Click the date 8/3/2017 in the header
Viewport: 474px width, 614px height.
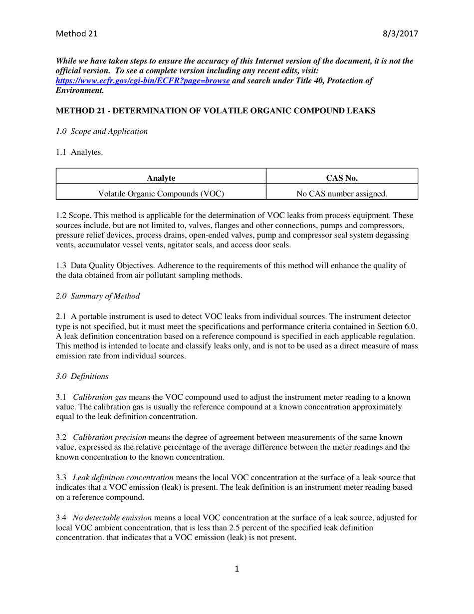[x=400, y=34]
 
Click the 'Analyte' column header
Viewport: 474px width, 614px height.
[x=161, y=177]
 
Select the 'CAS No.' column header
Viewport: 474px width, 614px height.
[x=342, y=177]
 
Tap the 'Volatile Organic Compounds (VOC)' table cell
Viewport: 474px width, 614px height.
[x=161, y=193]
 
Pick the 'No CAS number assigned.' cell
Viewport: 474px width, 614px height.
[x=342, y=193]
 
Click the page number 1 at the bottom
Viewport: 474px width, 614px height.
[x=237, y=569]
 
